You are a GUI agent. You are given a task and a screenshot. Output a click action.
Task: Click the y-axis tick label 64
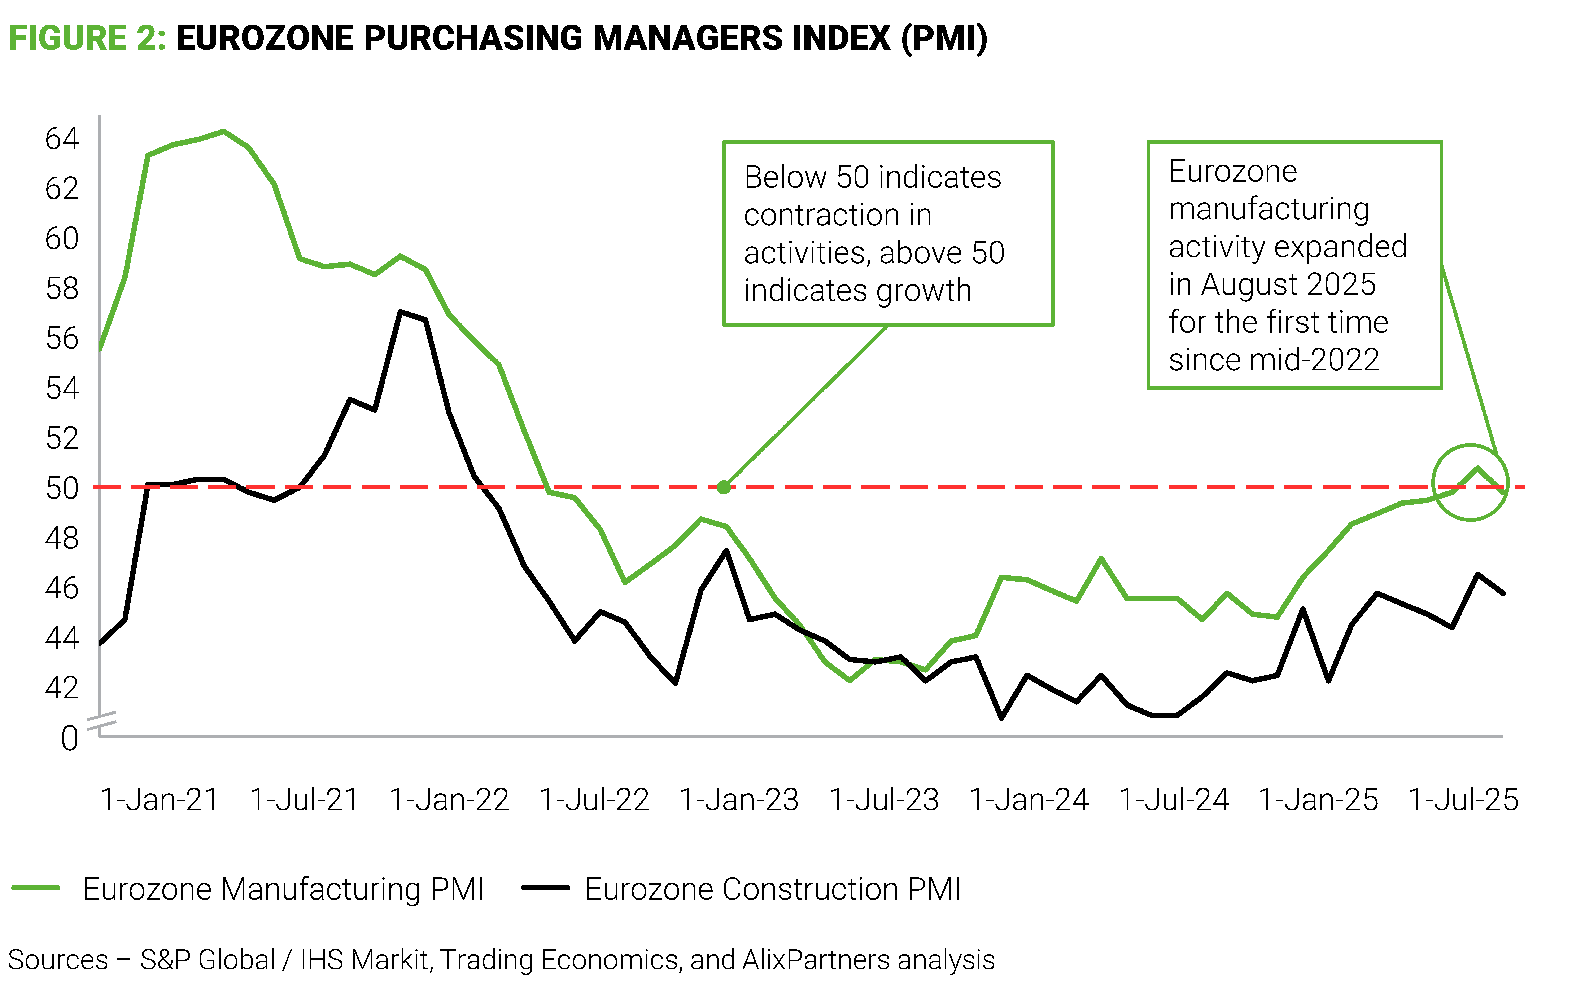point(62,138)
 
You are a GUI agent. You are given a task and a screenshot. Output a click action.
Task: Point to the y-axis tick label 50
point(62,488)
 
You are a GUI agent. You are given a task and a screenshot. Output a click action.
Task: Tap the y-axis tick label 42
point(62,688)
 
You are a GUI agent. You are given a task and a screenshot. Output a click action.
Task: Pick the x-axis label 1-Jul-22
point(594,799)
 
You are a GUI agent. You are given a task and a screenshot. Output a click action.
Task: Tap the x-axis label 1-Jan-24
point(1029,799)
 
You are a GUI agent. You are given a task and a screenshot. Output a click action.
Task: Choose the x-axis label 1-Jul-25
point(1464,799)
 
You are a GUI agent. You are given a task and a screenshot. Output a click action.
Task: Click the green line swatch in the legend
point(36,888)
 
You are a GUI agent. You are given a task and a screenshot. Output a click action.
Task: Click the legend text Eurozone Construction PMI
point(772,889)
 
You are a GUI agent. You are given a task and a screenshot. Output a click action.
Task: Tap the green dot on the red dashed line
point(723,487)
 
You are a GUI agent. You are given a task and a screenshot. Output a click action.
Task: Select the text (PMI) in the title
point(944,38)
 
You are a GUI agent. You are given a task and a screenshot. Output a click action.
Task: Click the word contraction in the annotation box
point(838,215)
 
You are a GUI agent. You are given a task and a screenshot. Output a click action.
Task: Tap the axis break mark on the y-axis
point(101,720)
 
